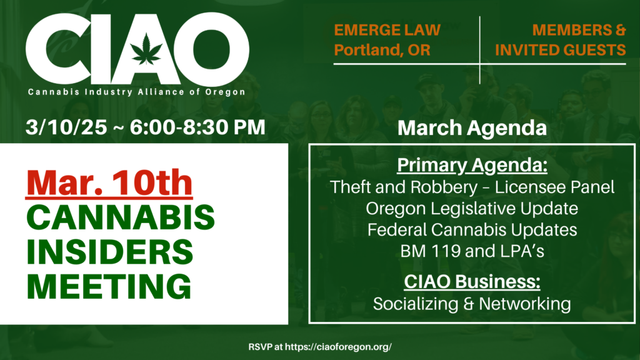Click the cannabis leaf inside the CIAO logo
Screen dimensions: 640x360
pyautogui.click(x=146, y=49)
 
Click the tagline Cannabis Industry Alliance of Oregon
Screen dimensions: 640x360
pyautogui.click(x=136, y=92)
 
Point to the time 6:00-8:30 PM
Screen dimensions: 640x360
pyautogui.click(x=197, y=127)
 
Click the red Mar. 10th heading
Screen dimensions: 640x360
pyautogui.click(x=109, y=183)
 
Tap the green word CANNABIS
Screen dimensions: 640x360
pyautogui.click(x=121, y=217)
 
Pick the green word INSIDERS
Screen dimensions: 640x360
pyautogui.click(x=110, y=252)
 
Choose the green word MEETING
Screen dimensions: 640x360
pyautogui.click(x=109, y=286)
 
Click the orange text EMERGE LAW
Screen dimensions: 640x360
pyautogui.click(x=387, y=30)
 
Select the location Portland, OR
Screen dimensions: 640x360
pyautogui.click(x=382, y=50)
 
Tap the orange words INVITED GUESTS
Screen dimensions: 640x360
pyautogui.click(x=561, y=50)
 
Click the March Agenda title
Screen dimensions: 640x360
pyautogui.click(x=472, y=127)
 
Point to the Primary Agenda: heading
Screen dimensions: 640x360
pyautogui.click(x=472, y=165)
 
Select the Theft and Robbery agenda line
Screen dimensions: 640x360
pyautogui.click(x=472, y=187)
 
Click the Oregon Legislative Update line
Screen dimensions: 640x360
pyautogui.click(x=472, y=209)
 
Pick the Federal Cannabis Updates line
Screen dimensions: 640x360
pyautogui.click(x=472, y=230)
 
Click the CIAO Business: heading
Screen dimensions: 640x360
pyautogui.click(x=472, y=282)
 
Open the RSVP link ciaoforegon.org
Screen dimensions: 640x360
pyautogui.click(x=338, y=347)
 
